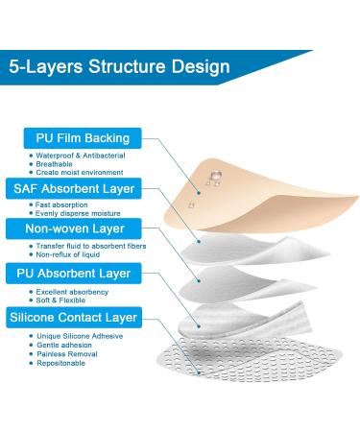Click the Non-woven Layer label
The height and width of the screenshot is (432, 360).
(73, 229)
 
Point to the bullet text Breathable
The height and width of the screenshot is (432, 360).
(47, 163)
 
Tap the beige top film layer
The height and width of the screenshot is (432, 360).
(254, 192)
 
